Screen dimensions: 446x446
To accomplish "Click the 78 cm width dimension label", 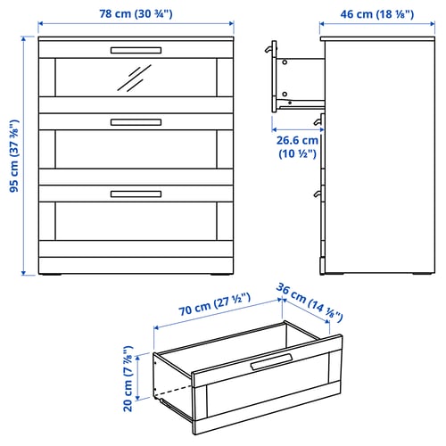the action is point(136,13).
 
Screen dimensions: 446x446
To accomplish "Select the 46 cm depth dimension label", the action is point(377,14).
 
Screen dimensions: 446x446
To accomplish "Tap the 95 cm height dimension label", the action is point(14,156).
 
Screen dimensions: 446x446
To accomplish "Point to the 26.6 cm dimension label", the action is point(297,147).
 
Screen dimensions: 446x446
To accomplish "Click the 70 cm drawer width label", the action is point(214,304).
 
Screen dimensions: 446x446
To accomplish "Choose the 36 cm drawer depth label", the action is point(310,302).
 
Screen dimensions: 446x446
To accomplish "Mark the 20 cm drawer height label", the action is point(128,378).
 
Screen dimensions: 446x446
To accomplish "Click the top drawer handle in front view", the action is point(136,50).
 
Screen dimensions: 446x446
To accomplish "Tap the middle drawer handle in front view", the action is point(136,122).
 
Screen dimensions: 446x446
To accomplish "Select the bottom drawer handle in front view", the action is point(136,194).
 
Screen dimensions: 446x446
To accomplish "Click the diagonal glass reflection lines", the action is point(135,78).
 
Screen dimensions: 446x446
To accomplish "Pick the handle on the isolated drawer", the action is point(271,361).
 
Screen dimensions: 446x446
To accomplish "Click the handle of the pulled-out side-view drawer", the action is point(269,48).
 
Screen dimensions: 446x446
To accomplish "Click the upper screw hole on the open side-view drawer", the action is point(285,62).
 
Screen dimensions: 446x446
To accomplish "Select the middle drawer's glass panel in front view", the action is point(136,149).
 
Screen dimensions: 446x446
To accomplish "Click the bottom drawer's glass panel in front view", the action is point(136,221).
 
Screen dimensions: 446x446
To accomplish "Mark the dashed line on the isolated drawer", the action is point(173,391).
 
